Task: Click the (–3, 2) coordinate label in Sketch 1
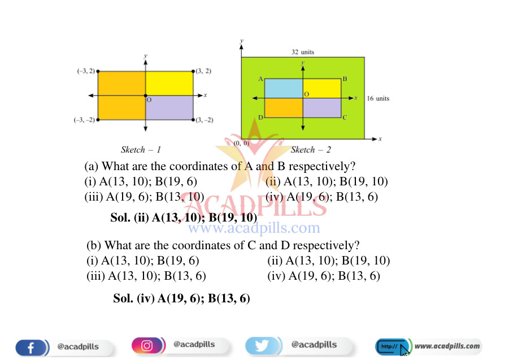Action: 86,71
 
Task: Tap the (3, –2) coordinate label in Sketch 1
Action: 205,120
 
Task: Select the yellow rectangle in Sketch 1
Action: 169,83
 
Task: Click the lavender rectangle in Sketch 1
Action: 169,107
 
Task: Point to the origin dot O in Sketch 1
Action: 145,96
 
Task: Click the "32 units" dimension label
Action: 303,51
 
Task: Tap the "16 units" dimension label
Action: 378,98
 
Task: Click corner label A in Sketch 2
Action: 260,79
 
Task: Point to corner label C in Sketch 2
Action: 345,118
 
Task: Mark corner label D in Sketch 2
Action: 260,118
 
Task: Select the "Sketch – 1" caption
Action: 141,150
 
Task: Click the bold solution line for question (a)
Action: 184,218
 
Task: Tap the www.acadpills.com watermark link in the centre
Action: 254,228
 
